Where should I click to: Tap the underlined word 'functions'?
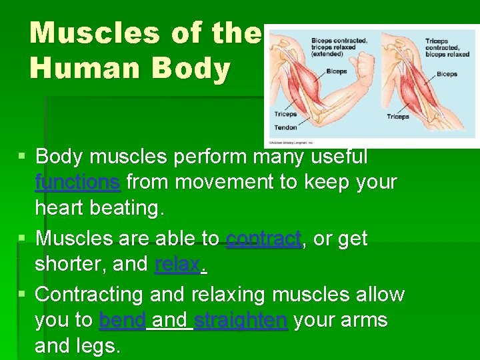pos(77,182)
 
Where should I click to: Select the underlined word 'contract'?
pos(264,238)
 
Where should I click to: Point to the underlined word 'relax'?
pos(177,265)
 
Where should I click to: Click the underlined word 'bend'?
pos(122,321)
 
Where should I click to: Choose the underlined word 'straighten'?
pos(241,321)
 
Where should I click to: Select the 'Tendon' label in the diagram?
pos(285,127)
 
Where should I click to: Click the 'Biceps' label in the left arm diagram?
pos(337,71)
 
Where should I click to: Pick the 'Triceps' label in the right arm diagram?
pos(397,117)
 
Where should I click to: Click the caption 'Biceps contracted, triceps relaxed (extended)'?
pos(339,47)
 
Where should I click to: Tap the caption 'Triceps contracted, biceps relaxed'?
pos(443,47)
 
